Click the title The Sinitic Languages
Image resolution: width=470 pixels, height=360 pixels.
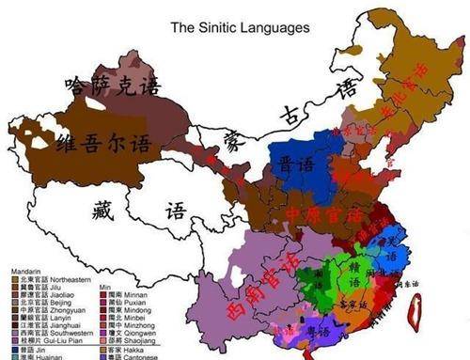239,28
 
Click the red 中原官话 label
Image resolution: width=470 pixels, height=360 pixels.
323,215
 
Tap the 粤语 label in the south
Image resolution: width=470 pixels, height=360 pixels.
321,332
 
